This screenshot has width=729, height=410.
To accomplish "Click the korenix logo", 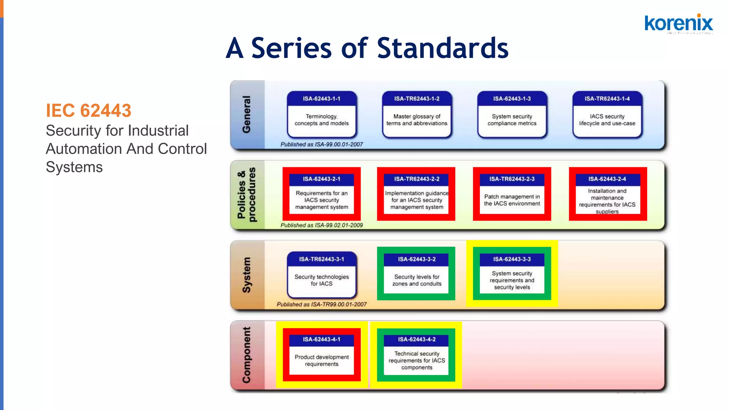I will [678, 23].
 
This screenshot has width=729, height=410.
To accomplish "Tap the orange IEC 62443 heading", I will [89, 110].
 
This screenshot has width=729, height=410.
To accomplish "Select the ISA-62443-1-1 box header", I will [321, 99].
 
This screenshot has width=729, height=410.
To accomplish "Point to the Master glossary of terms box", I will [416, 120].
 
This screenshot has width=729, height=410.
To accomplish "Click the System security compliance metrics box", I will [512, 120].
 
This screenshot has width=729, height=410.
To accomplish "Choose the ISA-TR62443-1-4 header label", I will [607, 99].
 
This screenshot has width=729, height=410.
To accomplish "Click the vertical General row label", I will [246, 114].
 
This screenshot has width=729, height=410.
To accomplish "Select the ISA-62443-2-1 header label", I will [321, 179].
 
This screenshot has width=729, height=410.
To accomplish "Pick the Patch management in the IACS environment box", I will [512, 200].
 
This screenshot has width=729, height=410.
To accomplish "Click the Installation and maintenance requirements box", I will [607, 201].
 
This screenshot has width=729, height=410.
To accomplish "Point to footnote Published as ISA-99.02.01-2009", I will [321, 225].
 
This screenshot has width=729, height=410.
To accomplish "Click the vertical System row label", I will [246, 275].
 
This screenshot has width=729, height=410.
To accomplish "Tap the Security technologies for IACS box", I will [321, 280].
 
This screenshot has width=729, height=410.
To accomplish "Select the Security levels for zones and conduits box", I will [416, 280].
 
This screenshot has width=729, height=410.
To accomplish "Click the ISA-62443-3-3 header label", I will [512, 259].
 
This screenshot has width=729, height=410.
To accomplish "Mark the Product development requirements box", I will [321, 360].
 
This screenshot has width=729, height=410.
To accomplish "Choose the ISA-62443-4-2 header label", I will [416, 339].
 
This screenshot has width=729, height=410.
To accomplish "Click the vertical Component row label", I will [246, 355].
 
